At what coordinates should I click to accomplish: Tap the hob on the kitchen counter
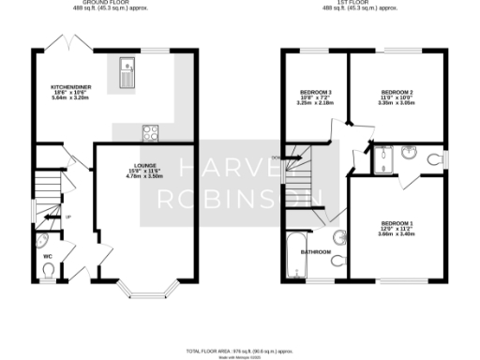(x=149, y=131)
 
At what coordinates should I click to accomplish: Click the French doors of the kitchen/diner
(x=71, y=45)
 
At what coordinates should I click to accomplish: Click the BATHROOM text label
(x=315, y=251)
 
